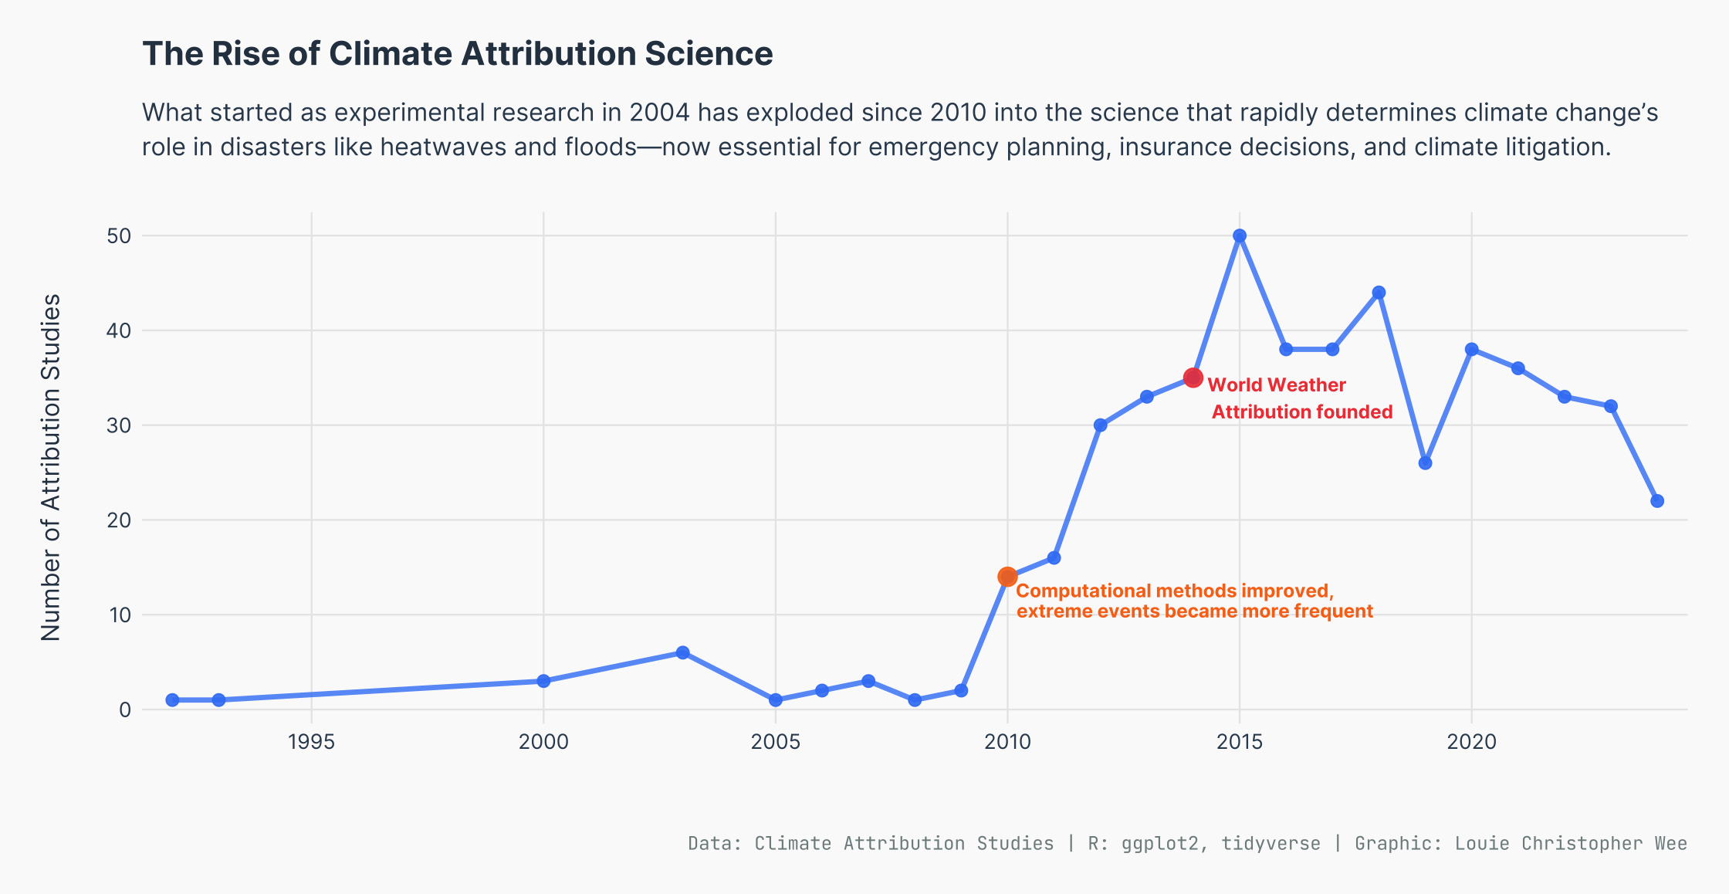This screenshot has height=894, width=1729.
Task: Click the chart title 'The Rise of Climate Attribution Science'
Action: tap(458, 54)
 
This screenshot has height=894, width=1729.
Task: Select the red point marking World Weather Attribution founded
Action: tap(1193, 378)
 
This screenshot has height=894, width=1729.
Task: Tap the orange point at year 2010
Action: tap(1007, 577)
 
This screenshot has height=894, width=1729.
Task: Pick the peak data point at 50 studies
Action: tap(1240, 235)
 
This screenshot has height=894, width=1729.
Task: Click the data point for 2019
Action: tap(1426, 463)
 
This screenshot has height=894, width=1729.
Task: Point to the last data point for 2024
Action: tap(1657, 501)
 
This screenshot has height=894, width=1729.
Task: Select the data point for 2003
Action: tap(682, 652)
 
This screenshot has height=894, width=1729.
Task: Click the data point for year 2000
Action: tap(543, 681)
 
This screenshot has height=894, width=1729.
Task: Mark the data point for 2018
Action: tap(1379, 293)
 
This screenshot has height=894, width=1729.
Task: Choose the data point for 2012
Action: tap(1101, 425)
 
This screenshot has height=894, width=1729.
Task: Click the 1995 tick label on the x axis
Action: tap(311, 742)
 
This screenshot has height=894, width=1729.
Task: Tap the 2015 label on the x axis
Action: tap(1240, 742)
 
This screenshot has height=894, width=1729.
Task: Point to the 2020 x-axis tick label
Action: tap(1472, 742)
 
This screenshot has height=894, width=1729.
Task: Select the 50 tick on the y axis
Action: tap(120, 236)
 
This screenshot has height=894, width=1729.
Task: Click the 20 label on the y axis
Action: tap(120, 520)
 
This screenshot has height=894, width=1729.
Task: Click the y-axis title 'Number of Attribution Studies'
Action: tap(51, 467)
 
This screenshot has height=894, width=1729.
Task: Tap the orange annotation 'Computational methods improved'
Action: tap(1175, 591)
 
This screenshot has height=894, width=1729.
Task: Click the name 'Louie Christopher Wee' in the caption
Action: tap(1571, 844)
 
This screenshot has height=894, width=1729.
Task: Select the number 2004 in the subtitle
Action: tap(659, 113)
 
